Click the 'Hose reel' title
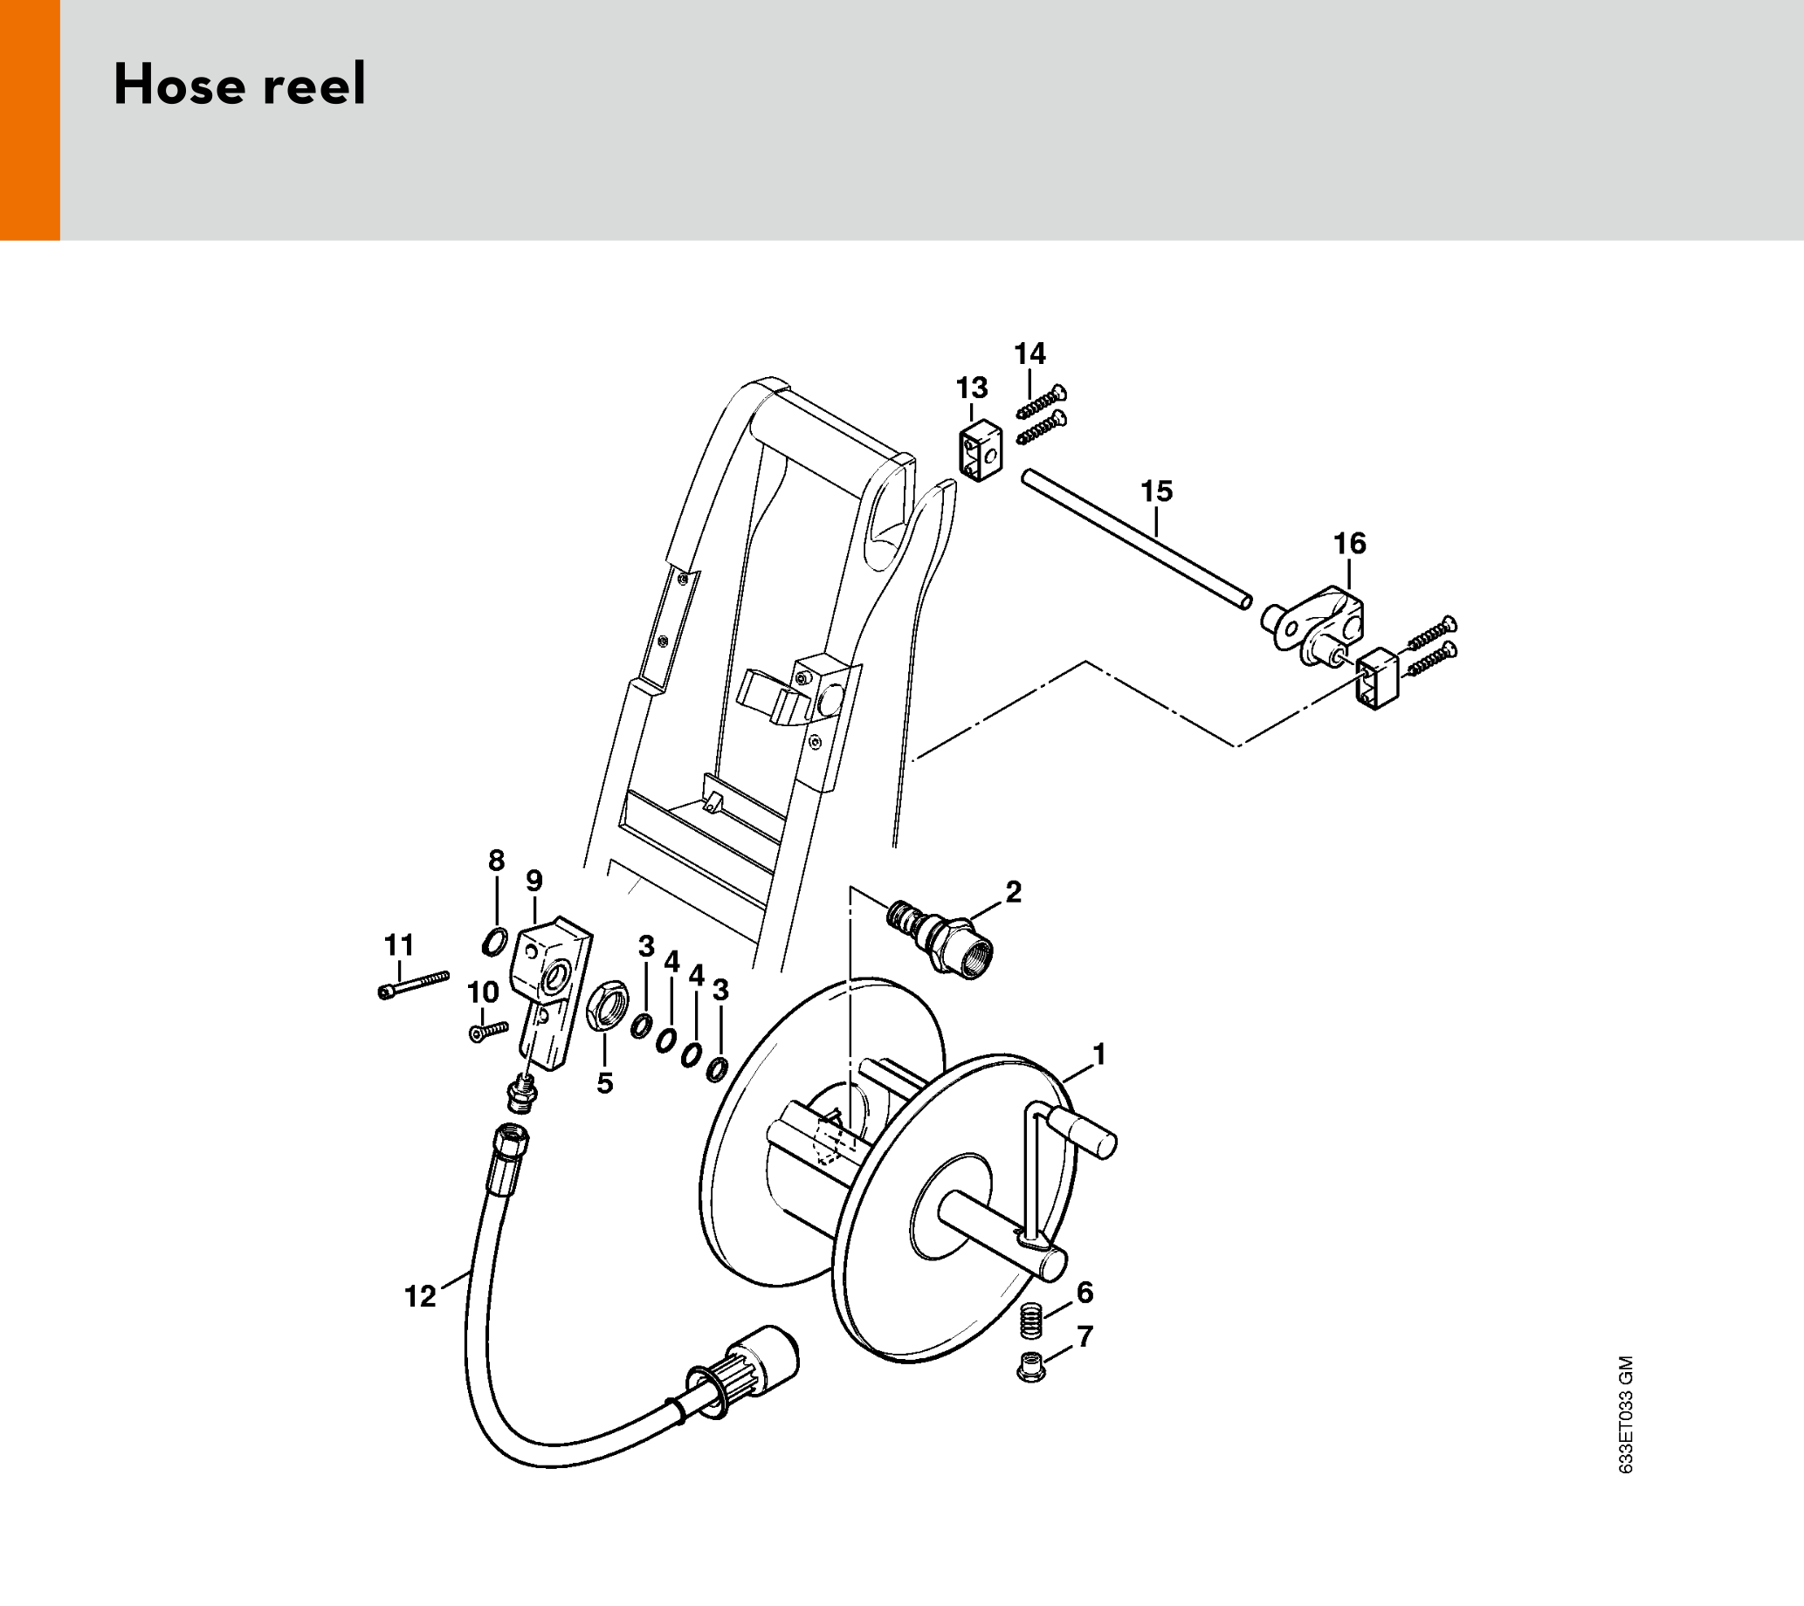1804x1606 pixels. click(x=239, y=85)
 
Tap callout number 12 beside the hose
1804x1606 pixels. click(x=420, y=1296)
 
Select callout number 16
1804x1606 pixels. click(x=1349, y=544)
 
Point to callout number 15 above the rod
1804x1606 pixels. click(x=1157, y=491)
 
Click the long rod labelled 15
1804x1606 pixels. click(x=1137, y=540)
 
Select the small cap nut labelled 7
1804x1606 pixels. click(x=1031, y=1366)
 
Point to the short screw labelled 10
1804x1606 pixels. click(x=490, y=1032)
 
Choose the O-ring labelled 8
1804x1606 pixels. click(x=495, y=943)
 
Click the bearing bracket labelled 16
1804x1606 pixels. click(x=1312, y=631)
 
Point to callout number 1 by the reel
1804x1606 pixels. click(x=1098, y=1054)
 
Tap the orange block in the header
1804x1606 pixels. click(x=30, y=120)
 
